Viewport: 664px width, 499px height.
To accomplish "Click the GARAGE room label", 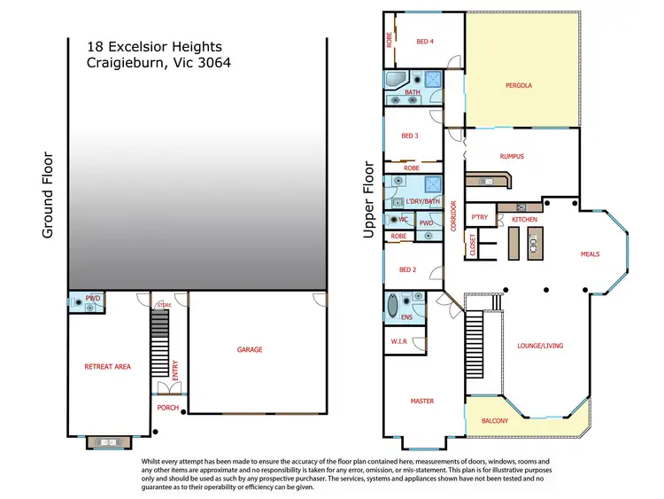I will [250, 350].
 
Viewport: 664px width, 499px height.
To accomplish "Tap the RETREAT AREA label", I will [108, 366].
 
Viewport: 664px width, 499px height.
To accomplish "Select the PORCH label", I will [168, 408].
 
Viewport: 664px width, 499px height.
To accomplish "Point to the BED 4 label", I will [425, 40].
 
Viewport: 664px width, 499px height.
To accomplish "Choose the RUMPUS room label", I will [512, 157].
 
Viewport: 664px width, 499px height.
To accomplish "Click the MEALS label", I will [590, 254].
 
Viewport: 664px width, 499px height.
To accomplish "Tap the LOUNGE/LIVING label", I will [540, 346].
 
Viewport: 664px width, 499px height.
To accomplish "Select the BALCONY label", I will [494, 421].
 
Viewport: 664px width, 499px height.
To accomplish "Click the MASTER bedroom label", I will [422, 402].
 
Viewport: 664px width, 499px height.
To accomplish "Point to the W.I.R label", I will [398, 341].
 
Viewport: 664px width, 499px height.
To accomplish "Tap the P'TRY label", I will [480, 217].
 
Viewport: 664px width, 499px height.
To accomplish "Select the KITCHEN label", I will [524, 218].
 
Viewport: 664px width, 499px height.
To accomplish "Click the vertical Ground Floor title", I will [49, 195].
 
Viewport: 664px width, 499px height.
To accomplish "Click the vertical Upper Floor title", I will [370, 199].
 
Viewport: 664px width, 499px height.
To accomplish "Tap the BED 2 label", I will [408, 269].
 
